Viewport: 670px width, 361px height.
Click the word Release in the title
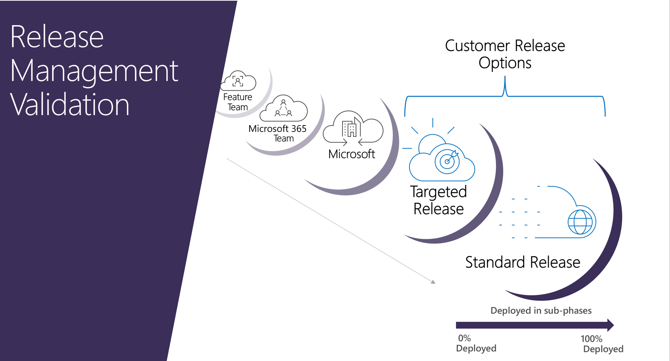tap(57, 37)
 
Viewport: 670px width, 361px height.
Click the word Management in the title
tap(94, 71)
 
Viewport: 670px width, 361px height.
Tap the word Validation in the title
tap(69, 105)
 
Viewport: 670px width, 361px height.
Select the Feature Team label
tap(237, 102)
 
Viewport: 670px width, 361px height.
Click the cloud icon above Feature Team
tap(238, 81)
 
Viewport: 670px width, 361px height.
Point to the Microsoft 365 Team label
tap(277, 133)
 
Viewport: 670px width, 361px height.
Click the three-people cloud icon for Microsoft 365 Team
tap(284, 109)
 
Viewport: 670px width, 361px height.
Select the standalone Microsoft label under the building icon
tap(352, 154)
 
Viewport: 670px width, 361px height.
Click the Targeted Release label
tap(438, 200)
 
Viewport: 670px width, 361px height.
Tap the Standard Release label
tap(522, 262)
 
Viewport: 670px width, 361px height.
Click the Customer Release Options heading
tap(505, 54)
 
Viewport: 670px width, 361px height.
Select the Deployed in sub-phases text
tap(541, 311)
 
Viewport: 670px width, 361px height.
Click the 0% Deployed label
tap(476, 343)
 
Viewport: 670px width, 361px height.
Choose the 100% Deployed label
tap(602, 344)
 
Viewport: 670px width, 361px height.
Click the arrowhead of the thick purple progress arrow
tap(610, 325)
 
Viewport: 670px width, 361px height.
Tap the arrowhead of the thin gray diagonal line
tap(434, 282)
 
